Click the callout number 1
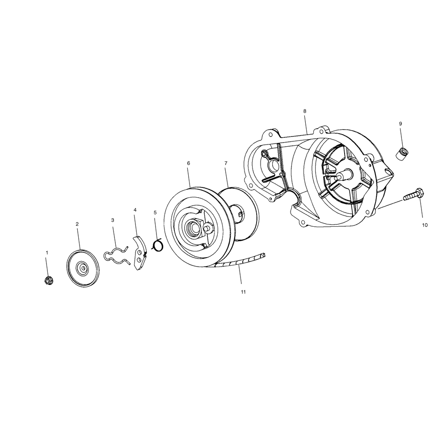[47, 253]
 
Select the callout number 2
[77, 224]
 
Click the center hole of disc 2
[83, 268]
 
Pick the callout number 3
[113, 220]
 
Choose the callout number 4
[135, 210]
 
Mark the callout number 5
[155, 212]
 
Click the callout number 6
[188, 163]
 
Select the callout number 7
[226, 163]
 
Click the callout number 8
[304, 110]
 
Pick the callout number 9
[401, 123]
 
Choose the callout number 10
[424, 225]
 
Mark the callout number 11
[243, 292]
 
